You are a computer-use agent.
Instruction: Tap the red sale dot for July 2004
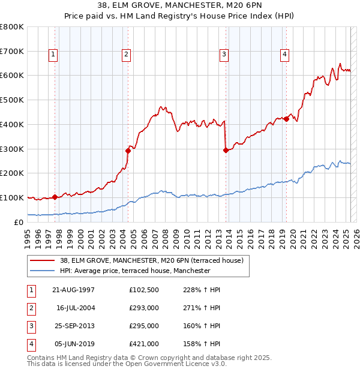pos(128,151)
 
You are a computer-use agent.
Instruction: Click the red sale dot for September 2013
pos(226,150)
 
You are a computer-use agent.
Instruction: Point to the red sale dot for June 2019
pos(287,119)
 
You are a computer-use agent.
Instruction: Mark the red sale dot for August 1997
pos(55,197)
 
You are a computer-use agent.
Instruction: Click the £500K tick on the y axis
pos(13,100)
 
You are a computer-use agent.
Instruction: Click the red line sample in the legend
pos(42,260)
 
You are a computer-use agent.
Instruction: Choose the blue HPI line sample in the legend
pos(42,271)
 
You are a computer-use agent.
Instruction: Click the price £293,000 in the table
pos(143,308)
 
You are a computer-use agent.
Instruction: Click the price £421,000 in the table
pos(143,344)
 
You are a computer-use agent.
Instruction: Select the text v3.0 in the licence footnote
pos(217,364)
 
